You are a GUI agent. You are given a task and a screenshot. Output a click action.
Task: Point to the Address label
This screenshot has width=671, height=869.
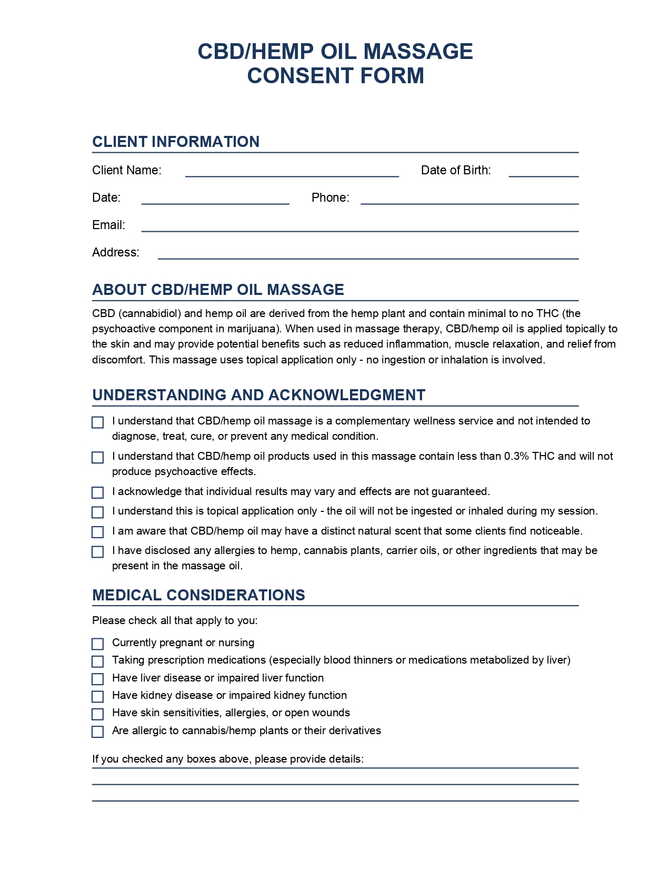click(x=116, y=252)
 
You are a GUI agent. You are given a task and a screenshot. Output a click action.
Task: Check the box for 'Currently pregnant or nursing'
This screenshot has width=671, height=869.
click(x=98, y=644)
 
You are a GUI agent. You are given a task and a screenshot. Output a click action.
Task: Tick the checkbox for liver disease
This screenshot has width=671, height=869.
click(x=98, y=679)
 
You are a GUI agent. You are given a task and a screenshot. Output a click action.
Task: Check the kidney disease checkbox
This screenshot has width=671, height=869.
click(x=98, y=697)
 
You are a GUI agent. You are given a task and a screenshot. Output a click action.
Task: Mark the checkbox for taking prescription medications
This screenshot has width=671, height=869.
click(x=98, y=661)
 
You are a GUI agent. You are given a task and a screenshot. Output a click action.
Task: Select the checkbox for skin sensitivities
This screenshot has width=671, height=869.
click(x=98, y=714)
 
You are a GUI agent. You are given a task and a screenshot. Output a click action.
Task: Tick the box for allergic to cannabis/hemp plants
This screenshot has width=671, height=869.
click(x=98, y=732)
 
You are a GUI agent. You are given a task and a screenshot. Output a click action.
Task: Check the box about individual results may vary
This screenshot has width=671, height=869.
click(x=98, y=492)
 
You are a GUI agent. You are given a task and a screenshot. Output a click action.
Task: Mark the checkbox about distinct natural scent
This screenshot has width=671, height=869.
click(x=98, y=532)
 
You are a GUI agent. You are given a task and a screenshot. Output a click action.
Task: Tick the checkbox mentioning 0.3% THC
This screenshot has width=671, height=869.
click(x=98, y=457)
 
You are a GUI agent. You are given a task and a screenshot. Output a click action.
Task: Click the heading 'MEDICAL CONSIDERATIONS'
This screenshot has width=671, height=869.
click(x=198, y=595)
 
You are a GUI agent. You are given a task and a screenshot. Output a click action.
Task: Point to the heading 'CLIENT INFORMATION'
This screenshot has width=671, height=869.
click(x=176, y=142)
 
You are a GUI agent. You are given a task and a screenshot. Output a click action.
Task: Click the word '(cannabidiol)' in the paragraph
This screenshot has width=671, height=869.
click(x=150, y=313)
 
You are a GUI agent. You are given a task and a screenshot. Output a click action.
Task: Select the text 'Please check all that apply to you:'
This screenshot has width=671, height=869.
click(x=175, y=620)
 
